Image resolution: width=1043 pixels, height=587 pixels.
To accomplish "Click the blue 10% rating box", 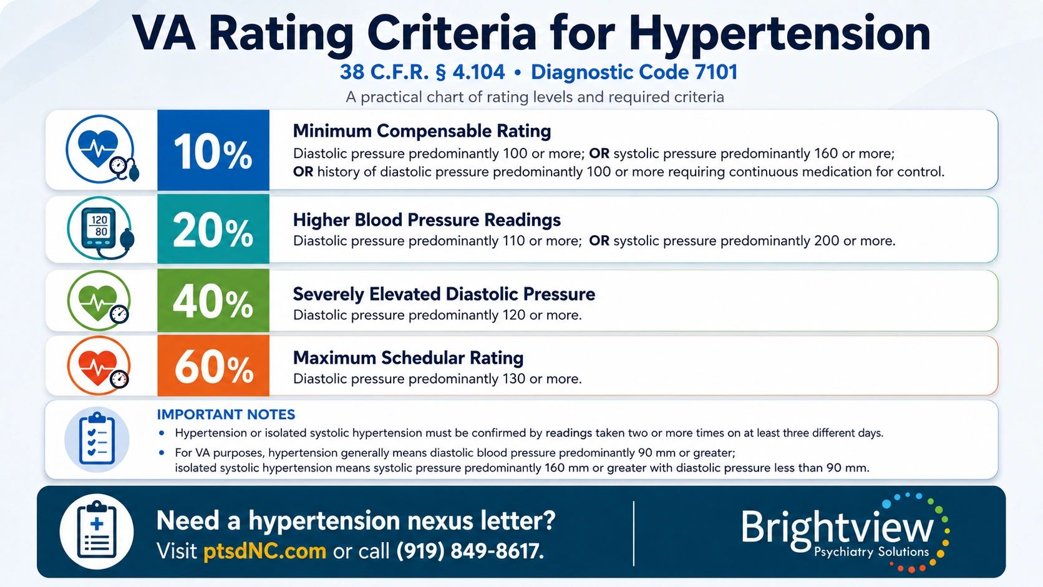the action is pos(213,150).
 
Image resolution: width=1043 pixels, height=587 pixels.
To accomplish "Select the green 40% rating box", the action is pos(213,301).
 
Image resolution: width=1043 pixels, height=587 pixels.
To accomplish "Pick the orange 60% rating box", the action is pos(213,366).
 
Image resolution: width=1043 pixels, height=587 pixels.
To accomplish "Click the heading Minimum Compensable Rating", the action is pos(422,131).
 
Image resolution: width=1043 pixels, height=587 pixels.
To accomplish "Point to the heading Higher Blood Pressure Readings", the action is pos(427,220).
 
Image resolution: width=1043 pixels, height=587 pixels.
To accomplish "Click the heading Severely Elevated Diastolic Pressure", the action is pos(444,294).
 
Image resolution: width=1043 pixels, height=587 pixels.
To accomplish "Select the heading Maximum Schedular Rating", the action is pos(409,358).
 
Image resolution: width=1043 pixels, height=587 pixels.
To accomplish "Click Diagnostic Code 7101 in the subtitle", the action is pos(634,72).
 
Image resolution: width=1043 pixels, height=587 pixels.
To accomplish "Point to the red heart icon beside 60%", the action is pos(99,366).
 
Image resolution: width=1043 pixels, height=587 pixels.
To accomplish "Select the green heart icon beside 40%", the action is pos(99,301).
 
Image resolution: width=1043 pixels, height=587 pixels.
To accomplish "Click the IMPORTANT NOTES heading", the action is pos(226,414).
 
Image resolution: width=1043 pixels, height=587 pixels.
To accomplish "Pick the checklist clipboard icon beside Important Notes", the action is pos(97,439).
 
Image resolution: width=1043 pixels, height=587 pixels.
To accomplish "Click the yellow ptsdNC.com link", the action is pos(265,551).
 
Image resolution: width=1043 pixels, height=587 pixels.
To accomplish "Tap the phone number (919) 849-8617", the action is pos(470,551).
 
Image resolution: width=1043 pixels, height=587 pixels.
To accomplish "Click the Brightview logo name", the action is pos(837,527).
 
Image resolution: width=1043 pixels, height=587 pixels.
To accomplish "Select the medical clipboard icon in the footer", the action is pos(97,531).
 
